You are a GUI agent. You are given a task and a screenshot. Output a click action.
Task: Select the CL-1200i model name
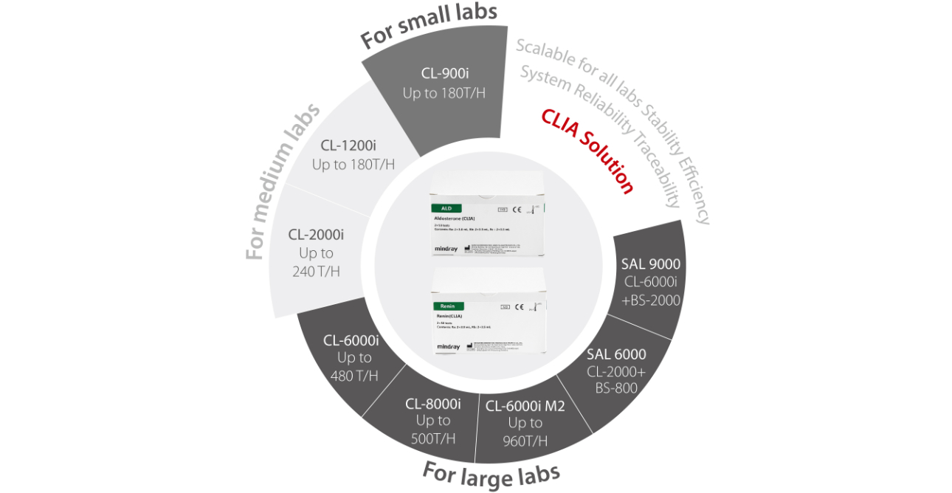point(353,145)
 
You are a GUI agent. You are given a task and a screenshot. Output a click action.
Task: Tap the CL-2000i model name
point(316,235)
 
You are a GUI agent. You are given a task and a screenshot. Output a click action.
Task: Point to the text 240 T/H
point(316,271)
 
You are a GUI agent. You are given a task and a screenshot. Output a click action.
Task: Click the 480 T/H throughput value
point(353,376)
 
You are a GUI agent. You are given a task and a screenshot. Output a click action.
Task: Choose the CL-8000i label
point(433,404)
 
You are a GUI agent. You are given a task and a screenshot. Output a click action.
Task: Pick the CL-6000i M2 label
point(525,404)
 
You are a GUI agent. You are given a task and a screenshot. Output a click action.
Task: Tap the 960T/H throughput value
point(525,441)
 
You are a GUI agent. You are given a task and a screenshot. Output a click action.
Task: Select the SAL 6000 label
point(616,354)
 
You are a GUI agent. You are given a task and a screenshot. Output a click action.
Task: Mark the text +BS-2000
point(651,300)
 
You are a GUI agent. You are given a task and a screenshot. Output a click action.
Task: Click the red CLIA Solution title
point(587,151)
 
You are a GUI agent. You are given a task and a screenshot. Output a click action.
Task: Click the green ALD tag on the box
point(446,209)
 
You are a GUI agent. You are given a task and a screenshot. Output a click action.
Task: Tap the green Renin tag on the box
point(448,306)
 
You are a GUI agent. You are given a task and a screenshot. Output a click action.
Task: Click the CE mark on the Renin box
point(519,306)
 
